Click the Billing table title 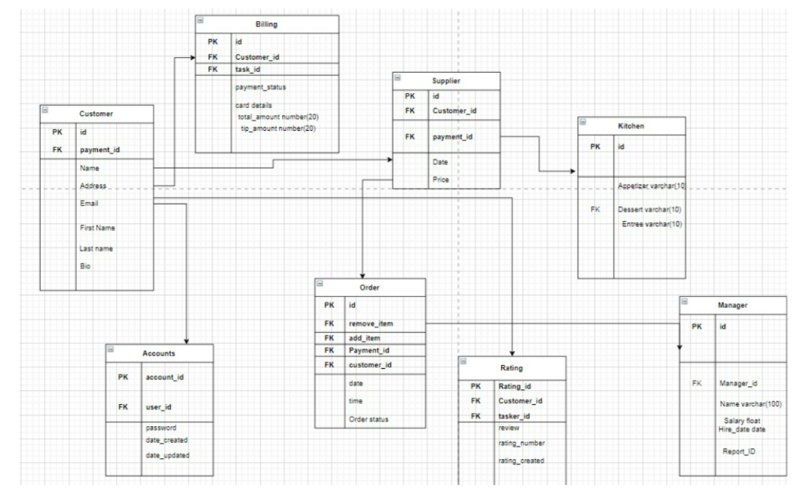(x=266, y=24)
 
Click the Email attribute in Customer (x=89, y=203)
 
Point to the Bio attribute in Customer (x=85, y=266)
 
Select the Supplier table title (x=445, y=81)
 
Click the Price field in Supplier (x=440, y=179)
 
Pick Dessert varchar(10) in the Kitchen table (x=649, y=210)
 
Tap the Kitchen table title (x=630, y=125)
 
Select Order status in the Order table (x=368, y=419)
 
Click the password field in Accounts (x=160, y=428)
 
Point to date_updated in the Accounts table (x=167, y=455)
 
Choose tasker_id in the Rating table (x=515, y=416)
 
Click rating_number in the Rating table (x=521, y=443)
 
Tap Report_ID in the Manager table (x=739, y=451)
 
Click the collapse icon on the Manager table (x=685, y=302)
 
